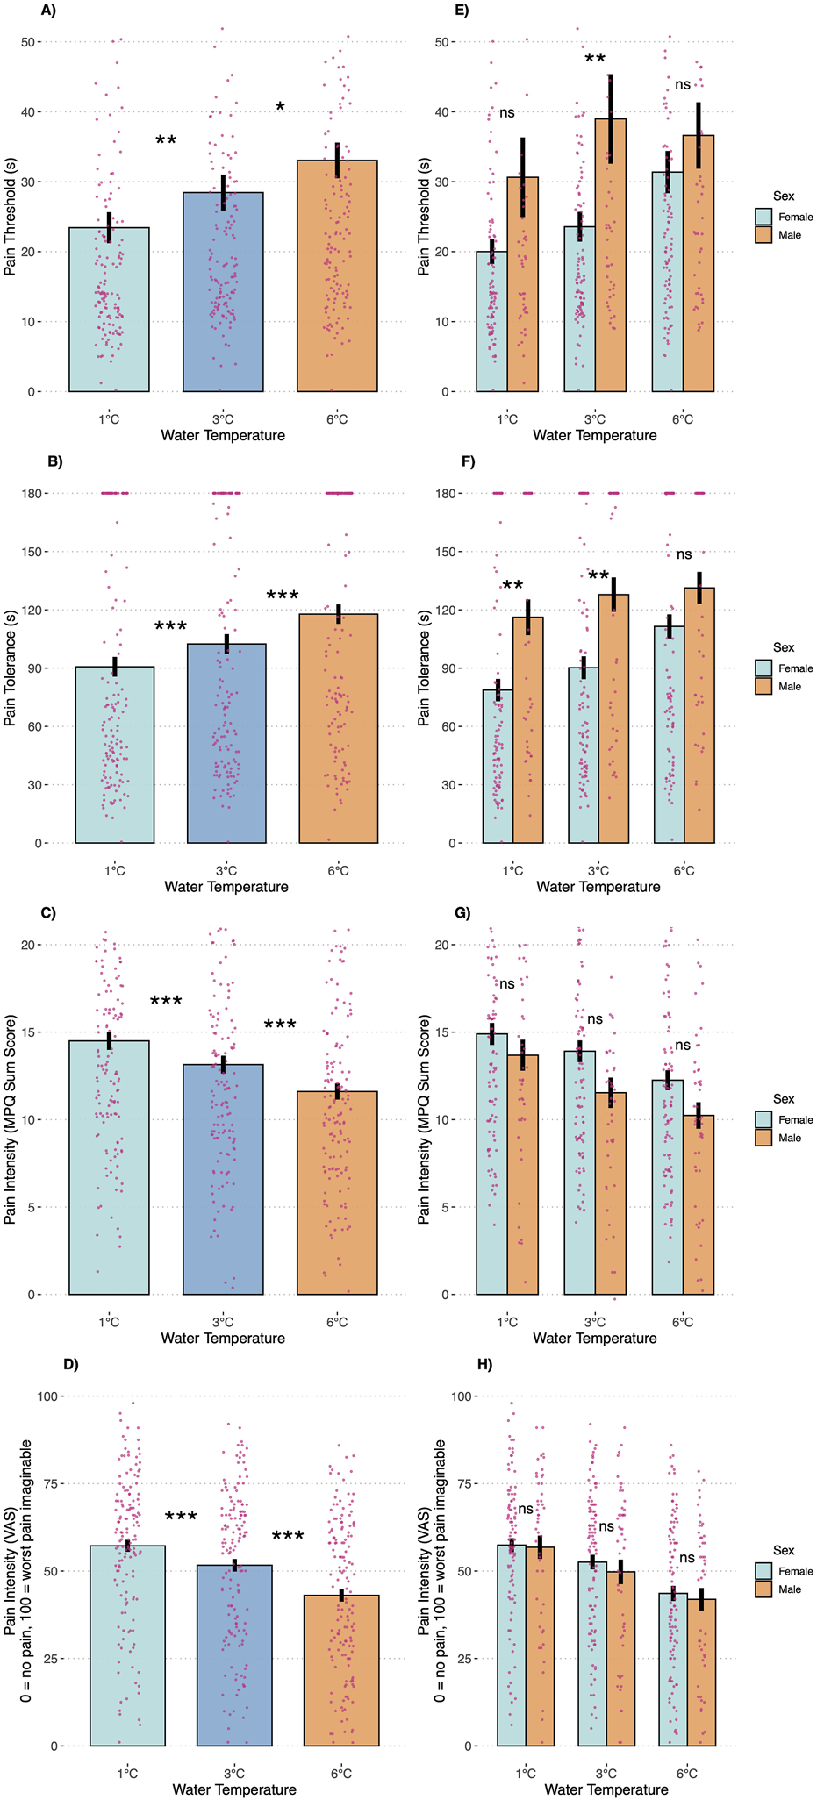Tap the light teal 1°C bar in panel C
point(109,1167)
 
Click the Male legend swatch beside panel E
point(763,235)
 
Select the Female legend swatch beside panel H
point(763,1571)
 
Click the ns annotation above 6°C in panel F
point(684,554)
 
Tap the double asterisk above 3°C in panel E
point(595,60)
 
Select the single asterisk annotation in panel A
point(280,108)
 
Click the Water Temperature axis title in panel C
point(223,1339)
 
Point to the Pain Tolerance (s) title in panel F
point(425,668)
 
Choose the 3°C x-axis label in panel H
point(606,1773)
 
